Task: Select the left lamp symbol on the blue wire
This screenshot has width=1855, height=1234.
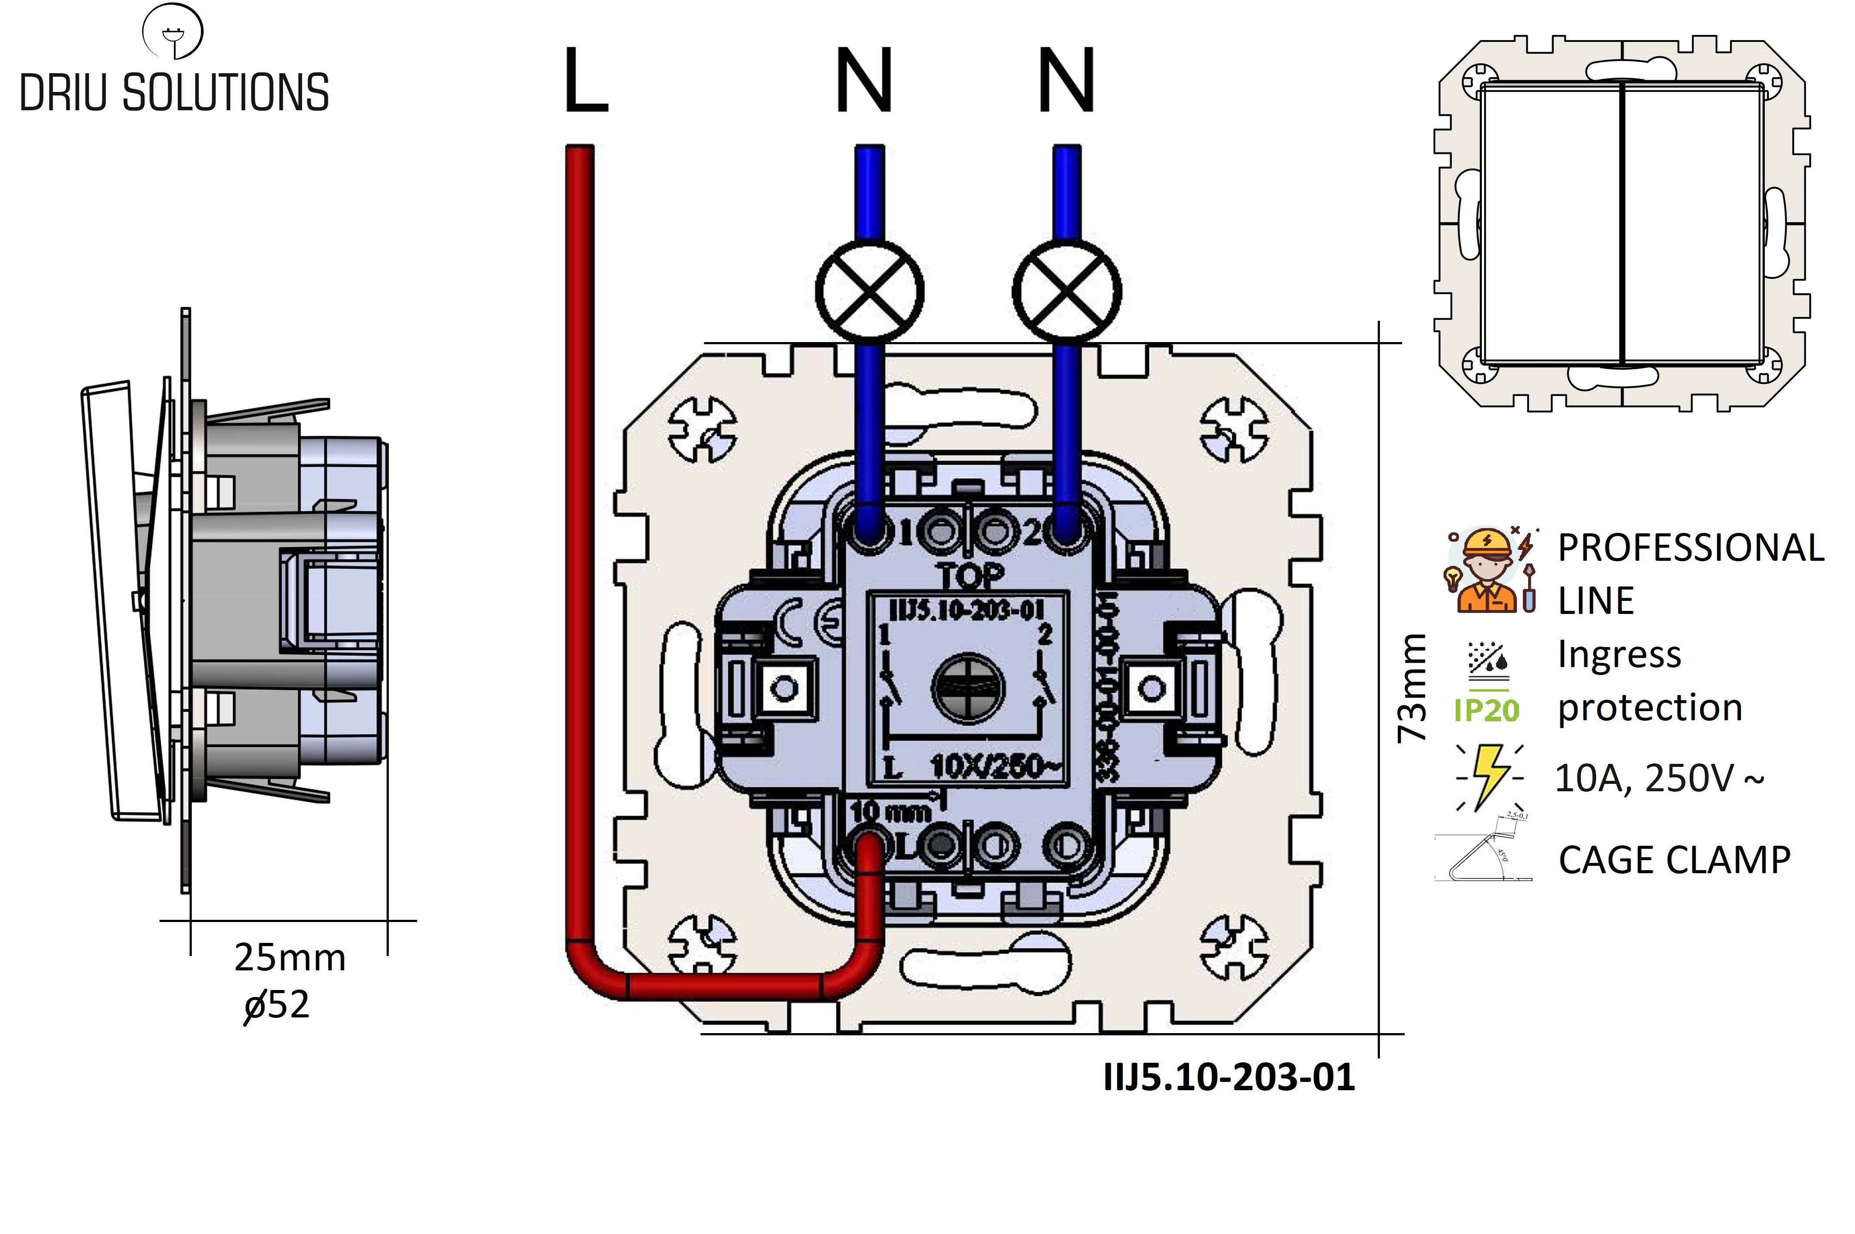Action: (869, 291)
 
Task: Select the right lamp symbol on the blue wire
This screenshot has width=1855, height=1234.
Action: (1067, 291)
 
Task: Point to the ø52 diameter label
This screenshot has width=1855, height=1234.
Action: (277, 1005)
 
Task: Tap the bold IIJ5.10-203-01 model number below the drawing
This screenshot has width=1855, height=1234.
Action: (1229, 1077)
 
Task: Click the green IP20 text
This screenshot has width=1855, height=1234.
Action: (1486, 711)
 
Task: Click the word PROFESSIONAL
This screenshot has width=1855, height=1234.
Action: (1691, 548)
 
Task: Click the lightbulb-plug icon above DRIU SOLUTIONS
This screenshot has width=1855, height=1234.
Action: (172, 31)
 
